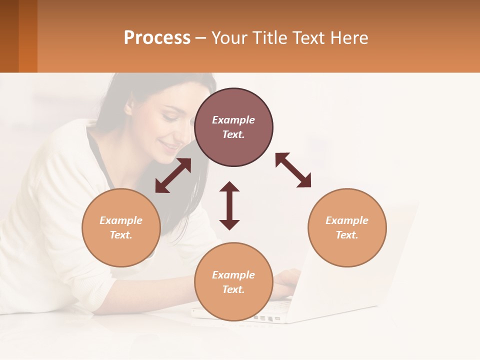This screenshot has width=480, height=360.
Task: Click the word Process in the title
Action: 157,38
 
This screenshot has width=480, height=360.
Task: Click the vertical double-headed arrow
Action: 229,205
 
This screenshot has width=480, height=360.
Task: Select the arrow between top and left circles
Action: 173,175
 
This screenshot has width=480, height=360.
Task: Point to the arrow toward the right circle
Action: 293,170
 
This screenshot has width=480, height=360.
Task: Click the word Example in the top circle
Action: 233,120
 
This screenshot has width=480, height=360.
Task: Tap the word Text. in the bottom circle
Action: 233,289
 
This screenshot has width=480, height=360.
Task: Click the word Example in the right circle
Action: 347,220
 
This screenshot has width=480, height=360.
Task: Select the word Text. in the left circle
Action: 121,235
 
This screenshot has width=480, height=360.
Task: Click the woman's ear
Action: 128,106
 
